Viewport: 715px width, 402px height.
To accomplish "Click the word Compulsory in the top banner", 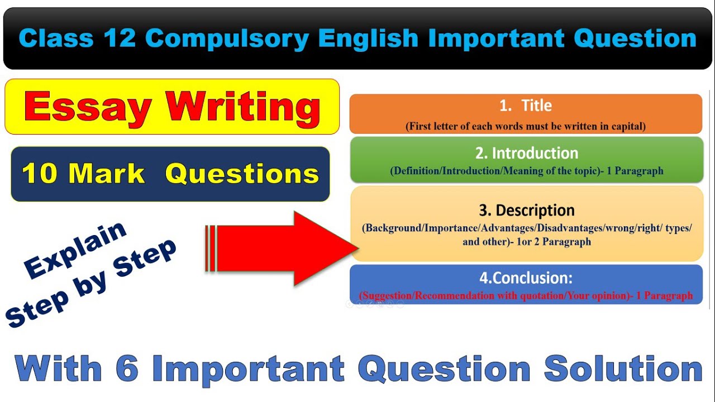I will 226,39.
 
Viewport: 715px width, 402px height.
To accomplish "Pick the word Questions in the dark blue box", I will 242,174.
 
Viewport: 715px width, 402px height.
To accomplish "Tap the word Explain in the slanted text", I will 76,250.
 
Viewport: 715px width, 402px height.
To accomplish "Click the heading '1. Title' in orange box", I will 525,106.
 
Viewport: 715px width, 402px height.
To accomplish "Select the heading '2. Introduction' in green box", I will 527,153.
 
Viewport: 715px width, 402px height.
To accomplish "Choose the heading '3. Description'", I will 527,210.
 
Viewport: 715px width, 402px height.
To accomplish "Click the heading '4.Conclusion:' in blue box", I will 525,278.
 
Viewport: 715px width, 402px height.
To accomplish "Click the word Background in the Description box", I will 393,229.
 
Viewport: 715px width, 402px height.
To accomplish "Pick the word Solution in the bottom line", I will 623,369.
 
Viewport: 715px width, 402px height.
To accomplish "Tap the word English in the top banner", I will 368,39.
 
